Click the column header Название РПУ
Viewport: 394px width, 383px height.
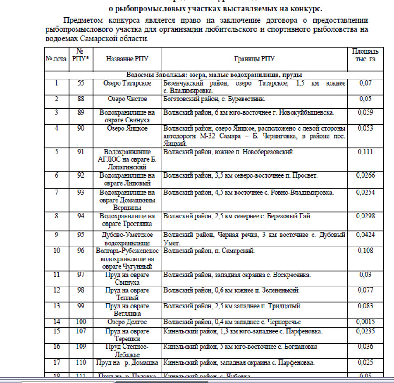click(x=127, y=59)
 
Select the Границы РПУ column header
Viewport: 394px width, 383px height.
click(x=254, y=59)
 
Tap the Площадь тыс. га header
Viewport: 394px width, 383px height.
click(x=365, y=55)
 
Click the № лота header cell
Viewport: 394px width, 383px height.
click(x=56, y=59)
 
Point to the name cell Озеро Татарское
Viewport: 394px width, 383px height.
click(x=127, y=83)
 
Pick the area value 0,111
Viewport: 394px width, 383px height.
click(x=365, y=152)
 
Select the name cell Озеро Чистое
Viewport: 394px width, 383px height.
click(x=127, y=99)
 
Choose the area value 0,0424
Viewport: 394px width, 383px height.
click(x=365, y=235)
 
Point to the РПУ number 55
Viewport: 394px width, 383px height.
click(x=81, y=83)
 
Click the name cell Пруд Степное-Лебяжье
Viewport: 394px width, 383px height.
click(x=127, y=351)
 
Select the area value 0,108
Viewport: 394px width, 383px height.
click(x=365, y=251)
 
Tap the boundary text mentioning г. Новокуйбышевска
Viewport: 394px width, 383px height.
click(x=249, y=112)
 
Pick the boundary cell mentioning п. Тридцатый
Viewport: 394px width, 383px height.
click(x=232, y=306)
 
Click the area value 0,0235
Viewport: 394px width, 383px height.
click(x=365, y=331)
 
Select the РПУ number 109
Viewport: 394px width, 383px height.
click(x=81, y=347)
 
